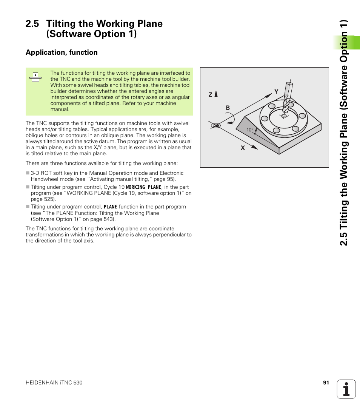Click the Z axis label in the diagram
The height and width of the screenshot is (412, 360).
pyautogui.click(x=211, y=95)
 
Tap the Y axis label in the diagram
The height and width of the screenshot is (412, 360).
pyautogui.click(x=276, y=92)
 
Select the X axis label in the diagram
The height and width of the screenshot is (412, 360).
pyautogui.click(x=243, y=148)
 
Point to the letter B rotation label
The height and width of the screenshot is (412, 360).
pyautogui.click(x=228, y=108)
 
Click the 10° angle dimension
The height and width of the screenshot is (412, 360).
pyautogui.click(x=250, y=130)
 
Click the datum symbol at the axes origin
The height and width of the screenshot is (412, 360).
pyautogui.click(x=215, y=125)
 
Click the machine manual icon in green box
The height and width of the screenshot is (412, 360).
pyautogui.click(x=35, y=77)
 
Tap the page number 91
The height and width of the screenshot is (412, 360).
pyautogui.click(x=326, y=383)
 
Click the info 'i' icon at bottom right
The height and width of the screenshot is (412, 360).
pyautogui.click(x=346, y=389)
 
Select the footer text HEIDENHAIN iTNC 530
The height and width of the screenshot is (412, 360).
pyautogui.click(x=54, y=383)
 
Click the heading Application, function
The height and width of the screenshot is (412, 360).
pyautogui.click(x=62, y=52)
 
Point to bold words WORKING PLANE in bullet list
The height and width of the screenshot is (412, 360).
pyautogui.click(x=143, y=187)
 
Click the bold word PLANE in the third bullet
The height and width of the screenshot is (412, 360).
pyautogui.click(x=110, y=207)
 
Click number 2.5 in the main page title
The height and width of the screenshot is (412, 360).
pyautogui.click(x=32, y=23)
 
